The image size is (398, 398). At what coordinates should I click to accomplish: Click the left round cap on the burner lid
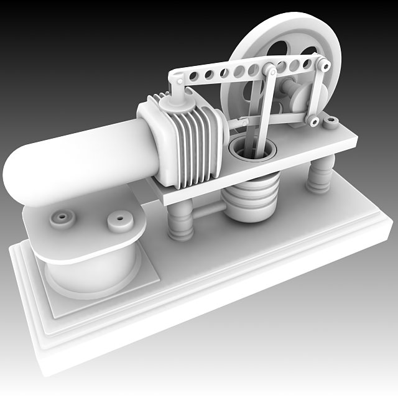click(x=63, y=218)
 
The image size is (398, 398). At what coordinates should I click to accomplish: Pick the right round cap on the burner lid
click(x=118, y=221)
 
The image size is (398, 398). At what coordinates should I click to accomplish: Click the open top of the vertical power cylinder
click(x=252, y=149)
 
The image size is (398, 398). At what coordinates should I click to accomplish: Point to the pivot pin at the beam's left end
click(x=178, y=80)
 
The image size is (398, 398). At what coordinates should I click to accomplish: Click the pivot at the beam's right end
click(x=325, y=64)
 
